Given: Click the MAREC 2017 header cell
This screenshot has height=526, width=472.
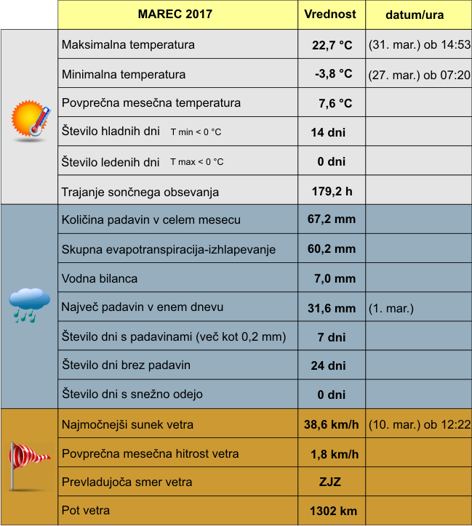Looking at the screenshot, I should click(x=177, y=15).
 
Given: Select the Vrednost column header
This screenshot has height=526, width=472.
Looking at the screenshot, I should click(x=330, y=15).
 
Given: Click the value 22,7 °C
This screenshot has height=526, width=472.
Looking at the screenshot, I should click(x=332, y=45).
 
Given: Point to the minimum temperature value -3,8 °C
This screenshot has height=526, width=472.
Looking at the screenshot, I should click(x=333, y=74).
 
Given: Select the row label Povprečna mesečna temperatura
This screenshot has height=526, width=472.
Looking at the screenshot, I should click(x=151, y=103).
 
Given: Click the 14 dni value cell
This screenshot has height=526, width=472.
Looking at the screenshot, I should click(x=328, y=132).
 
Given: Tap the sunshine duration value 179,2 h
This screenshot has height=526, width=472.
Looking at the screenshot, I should click(x=332, y=192).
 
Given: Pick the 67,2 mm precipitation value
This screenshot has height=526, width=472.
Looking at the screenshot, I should click(x=332, y=219).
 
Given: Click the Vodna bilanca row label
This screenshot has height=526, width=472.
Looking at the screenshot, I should click(x=100, y=278).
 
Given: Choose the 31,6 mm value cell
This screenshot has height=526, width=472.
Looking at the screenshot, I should click(x=332, y=308).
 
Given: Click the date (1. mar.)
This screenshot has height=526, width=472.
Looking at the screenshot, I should click(x=391, y=308).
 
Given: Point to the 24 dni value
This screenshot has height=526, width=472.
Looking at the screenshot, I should click(x=328, y=365).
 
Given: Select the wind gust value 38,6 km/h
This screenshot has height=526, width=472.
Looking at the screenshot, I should click(x=332, y=424).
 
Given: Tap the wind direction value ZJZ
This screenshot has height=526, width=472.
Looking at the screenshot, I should click(x=330, y=482).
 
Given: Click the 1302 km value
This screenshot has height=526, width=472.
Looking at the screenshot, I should click(x=333, y=511).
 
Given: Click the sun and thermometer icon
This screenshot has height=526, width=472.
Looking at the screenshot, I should click(x=30, y=118).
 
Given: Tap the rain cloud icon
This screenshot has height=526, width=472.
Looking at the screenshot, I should click(x=29, y=304).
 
